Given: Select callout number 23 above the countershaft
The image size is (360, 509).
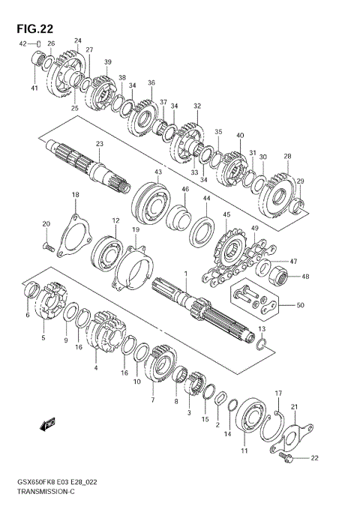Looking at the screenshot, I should pos(99,144).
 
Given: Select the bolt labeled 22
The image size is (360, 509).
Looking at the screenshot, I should pos(288,456).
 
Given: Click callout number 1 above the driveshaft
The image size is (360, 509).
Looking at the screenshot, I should pos(186,274).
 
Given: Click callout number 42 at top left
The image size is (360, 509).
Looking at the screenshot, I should pos(22,43).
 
